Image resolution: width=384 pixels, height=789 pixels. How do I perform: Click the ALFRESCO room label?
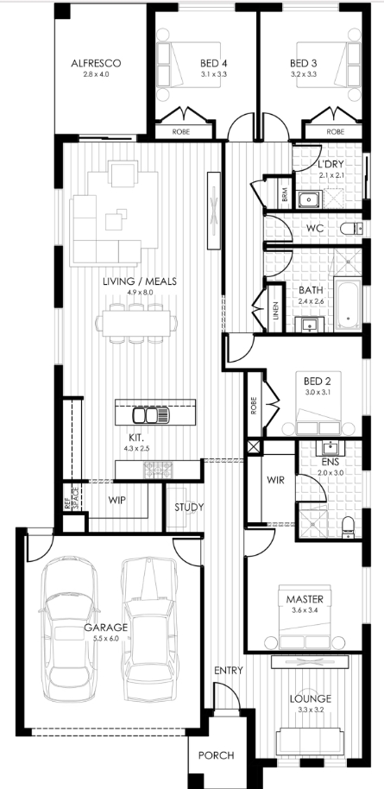tap(96, 63)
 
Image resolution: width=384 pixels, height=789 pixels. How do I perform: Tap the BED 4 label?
tap(213, 63)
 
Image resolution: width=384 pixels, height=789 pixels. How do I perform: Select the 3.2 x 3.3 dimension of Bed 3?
tap(303, 74)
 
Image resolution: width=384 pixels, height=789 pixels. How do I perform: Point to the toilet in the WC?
tap(351, 229)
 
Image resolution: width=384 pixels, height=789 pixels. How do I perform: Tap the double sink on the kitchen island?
tap(150, 415)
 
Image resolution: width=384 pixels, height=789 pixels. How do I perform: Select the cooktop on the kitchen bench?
tap(158, 470)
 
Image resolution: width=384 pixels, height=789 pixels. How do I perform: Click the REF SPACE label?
tap(71, 497)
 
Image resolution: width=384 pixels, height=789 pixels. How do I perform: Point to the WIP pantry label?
tap(116, 501)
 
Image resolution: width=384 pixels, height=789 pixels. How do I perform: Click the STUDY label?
tap(189, 507)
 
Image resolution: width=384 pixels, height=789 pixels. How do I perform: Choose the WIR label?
tap(275, 480)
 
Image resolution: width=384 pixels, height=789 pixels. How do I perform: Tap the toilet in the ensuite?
tap(349, 527)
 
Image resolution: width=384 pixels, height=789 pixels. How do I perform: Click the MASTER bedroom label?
tap(305, 599)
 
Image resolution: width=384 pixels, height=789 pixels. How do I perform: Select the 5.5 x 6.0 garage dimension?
tap(105, 639)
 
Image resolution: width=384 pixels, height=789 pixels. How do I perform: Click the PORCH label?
tap(216, 755)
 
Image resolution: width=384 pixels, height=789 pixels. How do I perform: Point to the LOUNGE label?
tap(310, 698)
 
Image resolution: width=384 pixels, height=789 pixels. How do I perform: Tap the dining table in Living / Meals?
tap(135, 324)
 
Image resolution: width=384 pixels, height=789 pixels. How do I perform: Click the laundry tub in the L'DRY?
tap(306, 199)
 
